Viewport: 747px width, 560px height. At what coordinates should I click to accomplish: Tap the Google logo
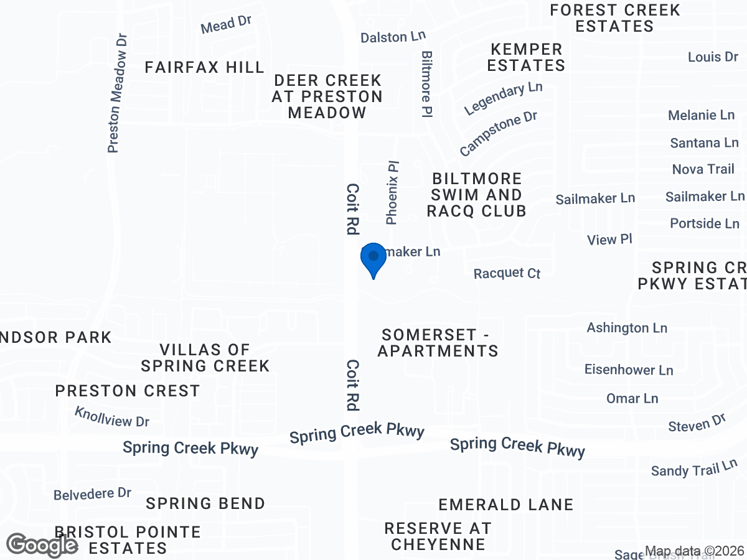coord(42,545)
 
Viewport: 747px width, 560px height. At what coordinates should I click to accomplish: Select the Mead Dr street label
coord(226,25)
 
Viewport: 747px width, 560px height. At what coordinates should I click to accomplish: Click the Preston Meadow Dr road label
coord(118,93)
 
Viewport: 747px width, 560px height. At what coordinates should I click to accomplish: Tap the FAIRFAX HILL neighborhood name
coord(205,67)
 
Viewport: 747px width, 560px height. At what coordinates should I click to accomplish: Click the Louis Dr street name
coord(713,57)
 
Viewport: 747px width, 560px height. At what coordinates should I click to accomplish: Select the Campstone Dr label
coord(498,134)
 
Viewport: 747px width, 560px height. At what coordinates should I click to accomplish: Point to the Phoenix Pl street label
coord(392,193)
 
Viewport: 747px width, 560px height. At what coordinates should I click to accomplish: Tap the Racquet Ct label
coord(507,273)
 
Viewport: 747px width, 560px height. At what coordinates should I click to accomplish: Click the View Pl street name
coord(609,240)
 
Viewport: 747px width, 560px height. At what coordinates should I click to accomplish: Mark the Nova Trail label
coord(703,169)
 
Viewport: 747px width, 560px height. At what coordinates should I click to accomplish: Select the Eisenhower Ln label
coord(629,370)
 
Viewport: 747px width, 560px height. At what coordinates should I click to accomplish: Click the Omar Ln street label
coord(632,398)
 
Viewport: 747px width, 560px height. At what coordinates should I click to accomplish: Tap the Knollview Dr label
coord(112,417)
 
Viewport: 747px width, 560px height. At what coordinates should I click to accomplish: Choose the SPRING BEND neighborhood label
coord(205,503)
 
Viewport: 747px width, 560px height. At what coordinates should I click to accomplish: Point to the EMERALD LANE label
coord(505,504)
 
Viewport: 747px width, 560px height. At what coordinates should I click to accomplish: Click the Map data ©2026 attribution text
coord(694,551)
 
